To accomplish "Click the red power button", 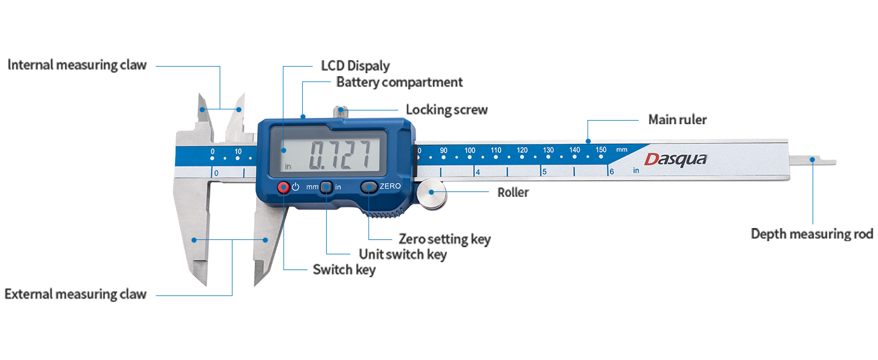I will (283, 187).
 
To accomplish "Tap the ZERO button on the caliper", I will (369, 187).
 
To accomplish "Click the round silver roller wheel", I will (432, 194).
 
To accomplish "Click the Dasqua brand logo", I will (675, 159).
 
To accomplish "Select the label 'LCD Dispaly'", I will (356, 65).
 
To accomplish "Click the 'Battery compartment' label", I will (399, 82).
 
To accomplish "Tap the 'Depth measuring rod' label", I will (812, 233).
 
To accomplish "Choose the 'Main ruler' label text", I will (677, 119).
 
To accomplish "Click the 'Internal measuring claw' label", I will (77, 65).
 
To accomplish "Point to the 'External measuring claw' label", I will (76, 294).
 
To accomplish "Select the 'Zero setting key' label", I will (444, 239).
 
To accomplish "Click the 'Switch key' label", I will (344, 269).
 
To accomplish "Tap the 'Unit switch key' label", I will (402, 254).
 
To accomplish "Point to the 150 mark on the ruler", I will (601, 150).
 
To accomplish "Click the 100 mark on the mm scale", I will (470, 150).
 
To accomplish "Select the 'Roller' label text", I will (513, 192).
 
